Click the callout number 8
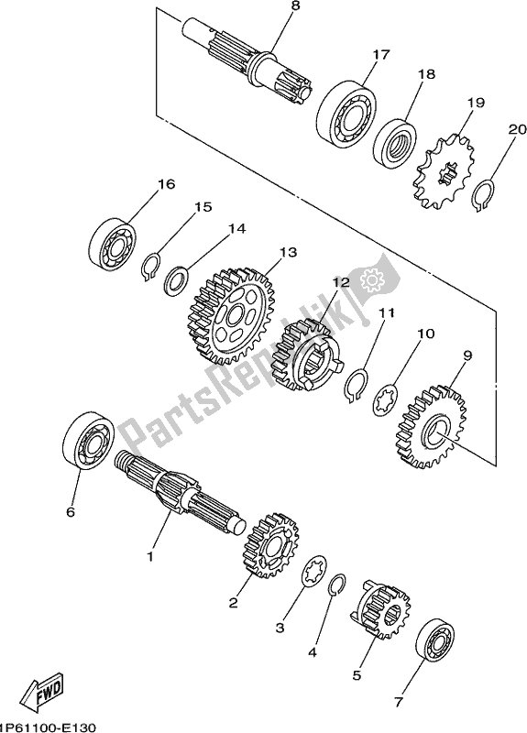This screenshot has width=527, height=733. pos(243,7)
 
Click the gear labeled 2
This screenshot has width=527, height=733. pos(268,551)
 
